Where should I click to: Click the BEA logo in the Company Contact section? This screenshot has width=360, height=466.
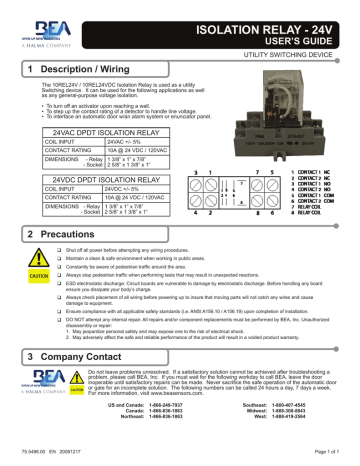pyautogui.click(x=44, y=412)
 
